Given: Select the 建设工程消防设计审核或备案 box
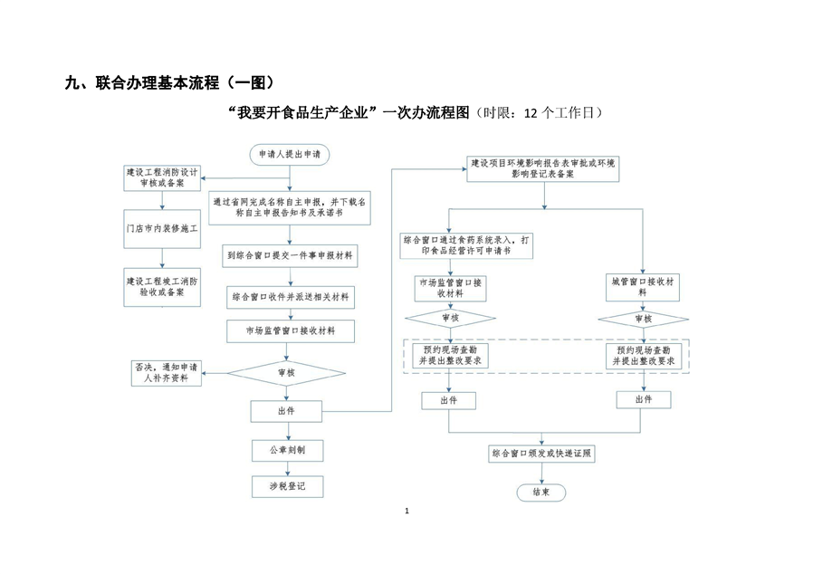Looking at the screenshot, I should (162, 177).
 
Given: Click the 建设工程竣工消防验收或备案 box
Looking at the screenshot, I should (162, 287).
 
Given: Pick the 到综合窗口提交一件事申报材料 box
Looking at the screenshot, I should (290, 257).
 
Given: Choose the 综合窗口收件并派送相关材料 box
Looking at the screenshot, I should (290, 296).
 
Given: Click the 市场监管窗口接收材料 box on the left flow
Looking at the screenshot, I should (290, 331).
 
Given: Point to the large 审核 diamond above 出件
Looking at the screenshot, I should (285, 372).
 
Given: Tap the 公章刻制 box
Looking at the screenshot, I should (285, 449).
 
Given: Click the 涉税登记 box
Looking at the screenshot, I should (285, 486).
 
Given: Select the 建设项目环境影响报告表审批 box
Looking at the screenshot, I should (541, 167).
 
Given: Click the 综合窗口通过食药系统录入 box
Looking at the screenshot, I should (468, 244).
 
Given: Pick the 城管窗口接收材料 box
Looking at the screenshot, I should (642, 287).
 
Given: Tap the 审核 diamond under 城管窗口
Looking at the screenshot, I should (642, 318).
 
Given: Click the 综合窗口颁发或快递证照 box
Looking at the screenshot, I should (541, 453).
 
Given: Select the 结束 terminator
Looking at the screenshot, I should (540, 493).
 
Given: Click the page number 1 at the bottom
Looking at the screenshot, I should (407, 512).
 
